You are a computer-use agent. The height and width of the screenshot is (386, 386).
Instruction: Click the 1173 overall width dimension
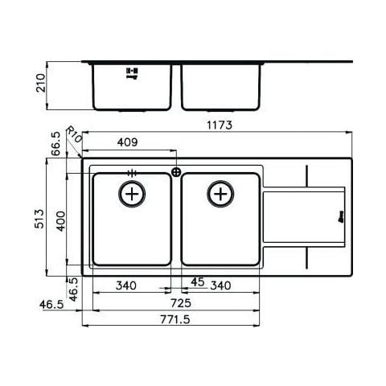click(220, 125)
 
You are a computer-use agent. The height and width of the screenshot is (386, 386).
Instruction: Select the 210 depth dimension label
click(41, 83)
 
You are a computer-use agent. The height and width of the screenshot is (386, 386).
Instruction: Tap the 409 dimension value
click(127, 142)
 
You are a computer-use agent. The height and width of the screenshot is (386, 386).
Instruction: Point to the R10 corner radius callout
click(74, 134)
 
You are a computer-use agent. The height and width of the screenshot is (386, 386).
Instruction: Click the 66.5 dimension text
click(56, 144)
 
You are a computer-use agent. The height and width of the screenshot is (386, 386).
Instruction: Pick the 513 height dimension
click(39, 219)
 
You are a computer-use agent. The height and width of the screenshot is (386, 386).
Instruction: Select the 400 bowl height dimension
click(61, 221)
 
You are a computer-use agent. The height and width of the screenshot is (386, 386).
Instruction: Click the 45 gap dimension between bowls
click(198, 281)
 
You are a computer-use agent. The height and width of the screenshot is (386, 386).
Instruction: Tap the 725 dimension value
click(181, 303)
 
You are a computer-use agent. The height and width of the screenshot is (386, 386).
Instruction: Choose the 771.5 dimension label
click(175, 319)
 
